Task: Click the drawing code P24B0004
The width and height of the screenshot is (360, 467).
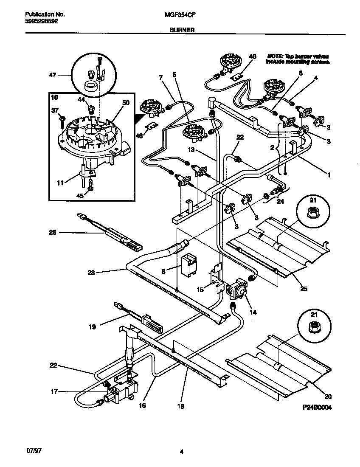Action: pyautogui.click(x=317, y=407)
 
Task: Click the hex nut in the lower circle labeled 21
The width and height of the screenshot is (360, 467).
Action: pyautogui.click(x=313, y=326)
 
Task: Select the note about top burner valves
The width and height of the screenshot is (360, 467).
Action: pyautogui.click(x=298, y=59)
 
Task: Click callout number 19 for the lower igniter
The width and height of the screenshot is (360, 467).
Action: pyautogui.click(x=92, y=326)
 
